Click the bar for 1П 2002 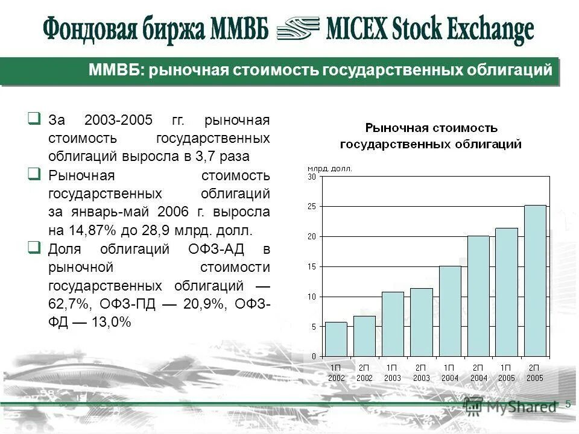click(336, 339)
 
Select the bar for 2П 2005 click(535, 281)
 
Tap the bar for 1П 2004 click(450, 311)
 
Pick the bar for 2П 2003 click(421, 322)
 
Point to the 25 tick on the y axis click(312, 207)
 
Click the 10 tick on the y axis click(312, 297)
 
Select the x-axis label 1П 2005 click(507, 373)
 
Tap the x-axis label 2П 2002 click(364, 373)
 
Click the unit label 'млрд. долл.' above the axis click(330, 169)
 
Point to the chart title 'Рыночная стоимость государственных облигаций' click(431, 136)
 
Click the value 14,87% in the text click(89, 230)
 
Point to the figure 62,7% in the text click(69, 304)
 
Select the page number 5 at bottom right click(568, 404)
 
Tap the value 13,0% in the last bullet click(111, 322)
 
